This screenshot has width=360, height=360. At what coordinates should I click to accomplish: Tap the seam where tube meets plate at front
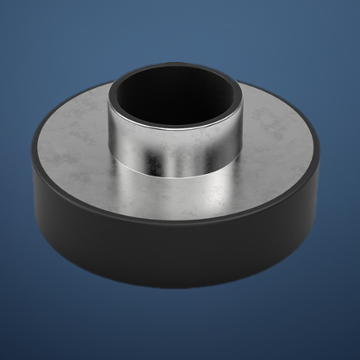pos(176,170)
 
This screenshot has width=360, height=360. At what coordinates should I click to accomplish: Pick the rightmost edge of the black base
pos(325,172)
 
